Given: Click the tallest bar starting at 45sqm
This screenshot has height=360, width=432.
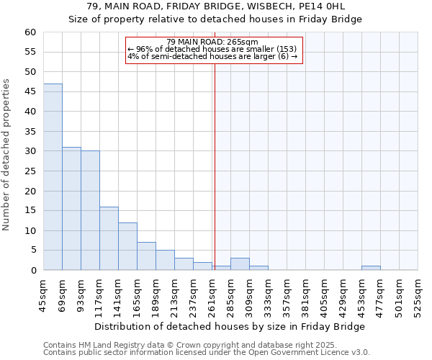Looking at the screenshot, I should [53, 177].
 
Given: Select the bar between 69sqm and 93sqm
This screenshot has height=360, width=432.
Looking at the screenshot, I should [71, 209].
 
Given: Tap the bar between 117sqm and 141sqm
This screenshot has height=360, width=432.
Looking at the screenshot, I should [109, 238].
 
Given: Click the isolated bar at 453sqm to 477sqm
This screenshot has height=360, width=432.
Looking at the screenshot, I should [371, 268].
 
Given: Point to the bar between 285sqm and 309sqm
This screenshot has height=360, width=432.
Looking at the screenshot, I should [240, 264].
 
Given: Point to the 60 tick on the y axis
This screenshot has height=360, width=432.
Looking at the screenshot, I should [30, 32].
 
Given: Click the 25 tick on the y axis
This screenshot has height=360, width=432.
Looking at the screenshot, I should [30, 171].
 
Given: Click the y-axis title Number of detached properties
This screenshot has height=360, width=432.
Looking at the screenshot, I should [7, 155].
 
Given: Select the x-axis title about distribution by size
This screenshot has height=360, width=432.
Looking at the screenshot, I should [230, 326].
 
